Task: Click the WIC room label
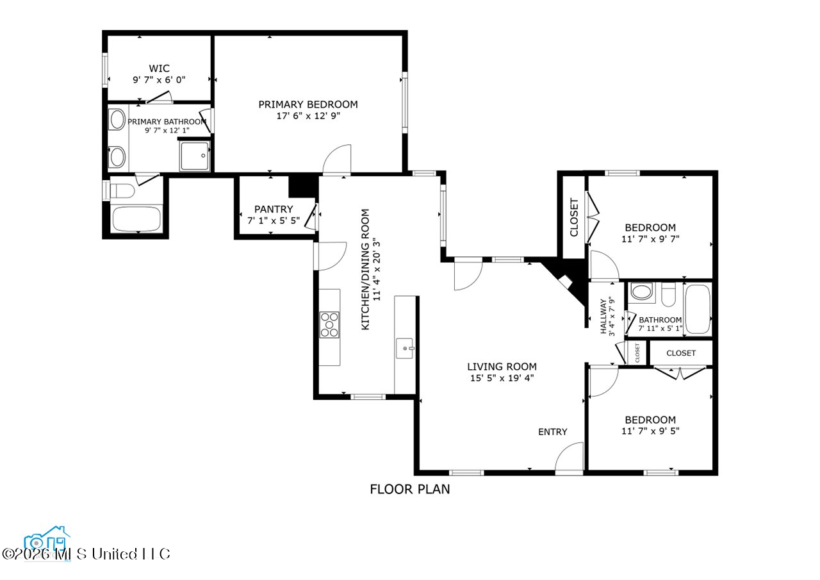[x=159, y=69]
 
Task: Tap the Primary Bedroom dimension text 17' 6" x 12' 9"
[x=308, y=116]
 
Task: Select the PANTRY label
[x=274, y=209]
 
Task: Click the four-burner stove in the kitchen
[x=329, y=325]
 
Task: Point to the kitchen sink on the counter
[x=405, y=348]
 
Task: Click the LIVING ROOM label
[x=502, y=367]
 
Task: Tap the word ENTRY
[x=552, y=432]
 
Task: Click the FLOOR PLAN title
[x=409, y=489]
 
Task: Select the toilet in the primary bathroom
[x=122, y=190]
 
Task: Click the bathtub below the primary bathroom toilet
[x=136, y=219]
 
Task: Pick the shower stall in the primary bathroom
[x=194, y=156]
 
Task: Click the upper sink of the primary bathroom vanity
[x=117, y=119]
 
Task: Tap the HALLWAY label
[x=603, y=317]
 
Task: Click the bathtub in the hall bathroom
[x=698, y=310]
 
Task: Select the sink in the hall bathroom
[x=641, y=292]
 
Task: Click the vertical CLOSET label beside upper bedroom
[x=573, y=217]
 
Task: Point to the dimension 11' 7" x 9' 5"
[x=650, y=431]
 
